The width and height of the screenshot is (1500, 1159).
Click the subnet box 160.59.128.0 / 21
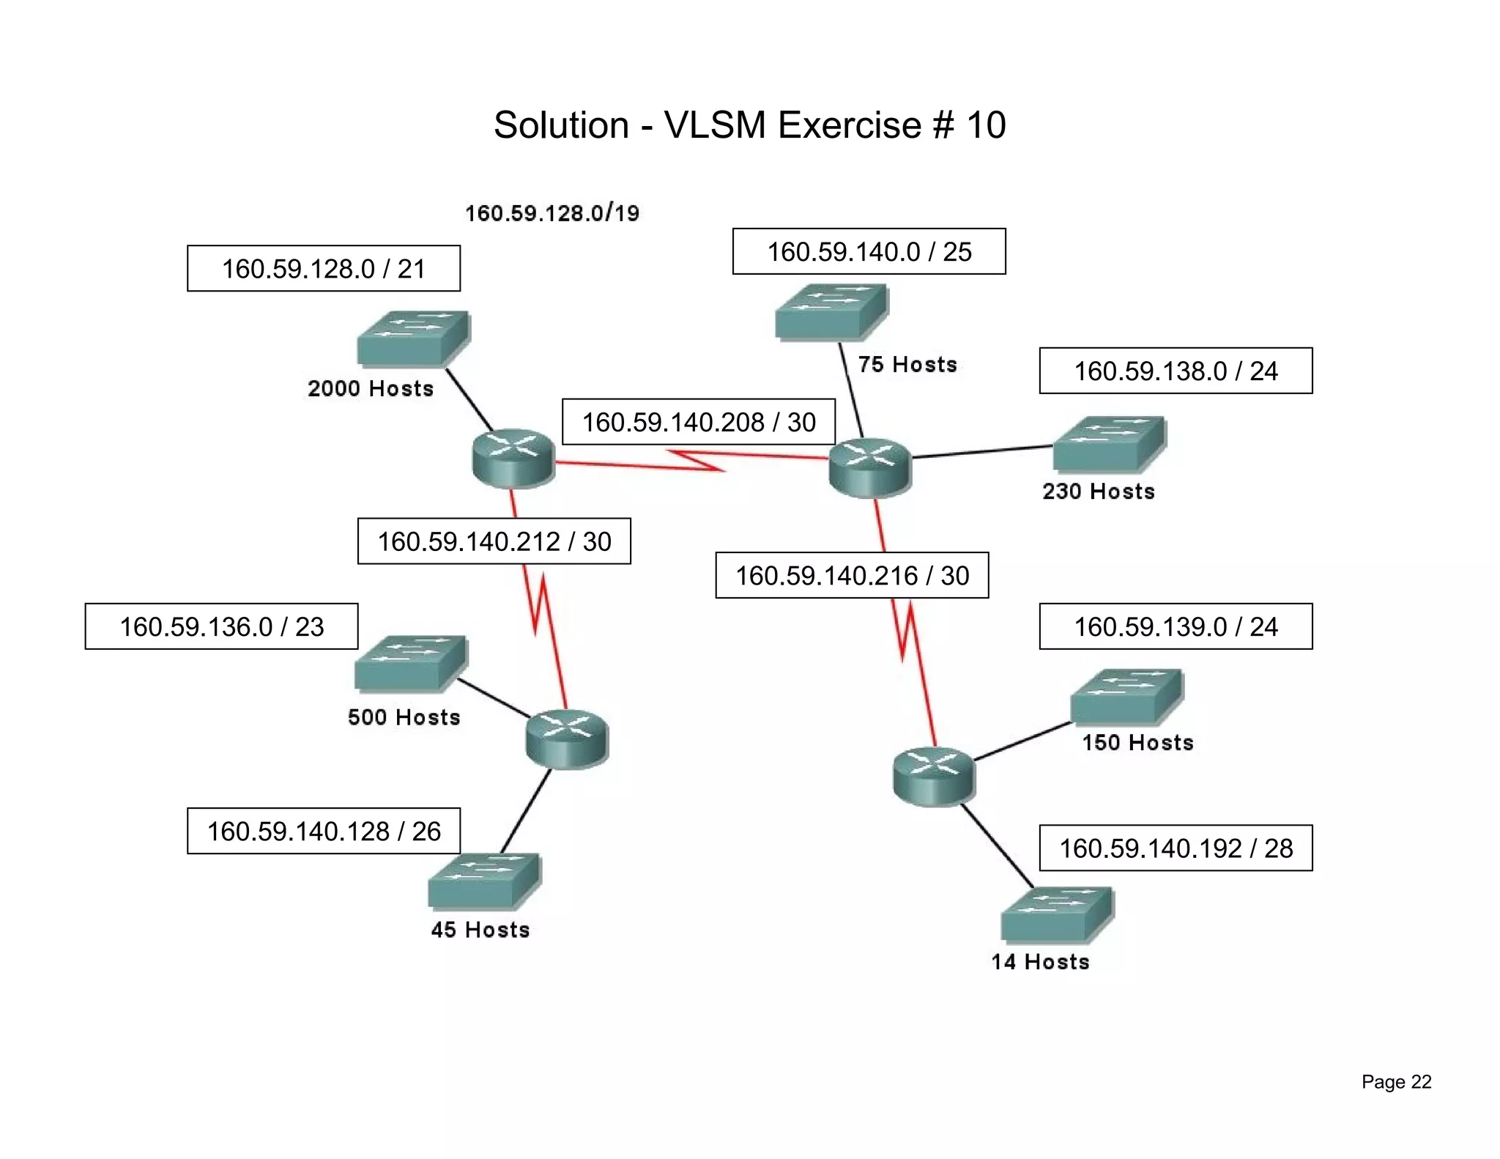(x=323, y=268)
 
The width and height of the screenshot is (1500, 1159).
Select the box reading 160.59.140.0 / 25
(x=869, y=251)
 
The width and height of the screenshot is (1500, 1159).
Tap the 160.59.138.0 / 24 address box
(x=1176, y=371)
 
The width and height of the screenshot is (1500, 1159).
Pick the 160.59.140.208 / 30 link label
(x=698, y=422)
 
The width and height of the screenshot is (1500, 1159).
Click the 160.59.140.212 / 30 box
(x=494, y=541)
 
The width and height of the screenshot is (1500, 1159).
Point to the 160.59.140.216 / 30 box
(x=852, y=575)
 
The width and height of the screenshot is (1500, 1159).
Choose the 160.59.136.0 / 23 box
(x=221, y=626)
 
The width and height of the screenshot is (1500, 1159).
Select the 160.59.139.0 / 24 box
(x=1176, y=626)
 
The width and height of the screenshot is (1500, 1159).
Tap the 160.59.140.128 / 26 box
(x=323, y=831)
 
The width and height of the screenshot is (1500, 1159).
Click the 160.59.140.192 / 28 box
(x=1176, y=848)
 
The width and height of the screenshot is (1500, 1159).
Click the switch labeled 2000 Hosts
(x=412, y=338)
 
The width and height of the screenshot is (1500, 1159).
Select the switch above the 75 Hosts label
(x=831, y=312)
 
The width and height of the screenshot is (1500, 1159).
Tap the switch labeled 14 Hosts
(x=1056, y=914)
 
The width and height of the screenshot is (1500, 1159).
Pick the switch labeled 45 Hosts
(x=483, y=881)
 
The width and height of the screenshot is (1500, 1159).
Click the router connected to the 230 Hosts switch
(x=869, y=467)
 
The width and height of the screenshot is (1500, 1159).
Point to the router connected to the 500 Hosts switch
(x=567, y=738)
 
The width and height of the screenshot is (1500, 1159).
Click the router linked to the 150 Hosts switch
(x=934, y=777)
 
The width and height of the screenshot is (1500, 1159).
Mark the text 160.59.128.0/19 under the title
(x=552, y=213)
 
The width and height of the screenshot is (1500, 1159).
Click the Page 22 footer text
(x=1396, y=1082)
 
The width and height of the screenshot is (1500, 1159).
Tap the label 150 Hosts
(x=1137, y=743)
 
